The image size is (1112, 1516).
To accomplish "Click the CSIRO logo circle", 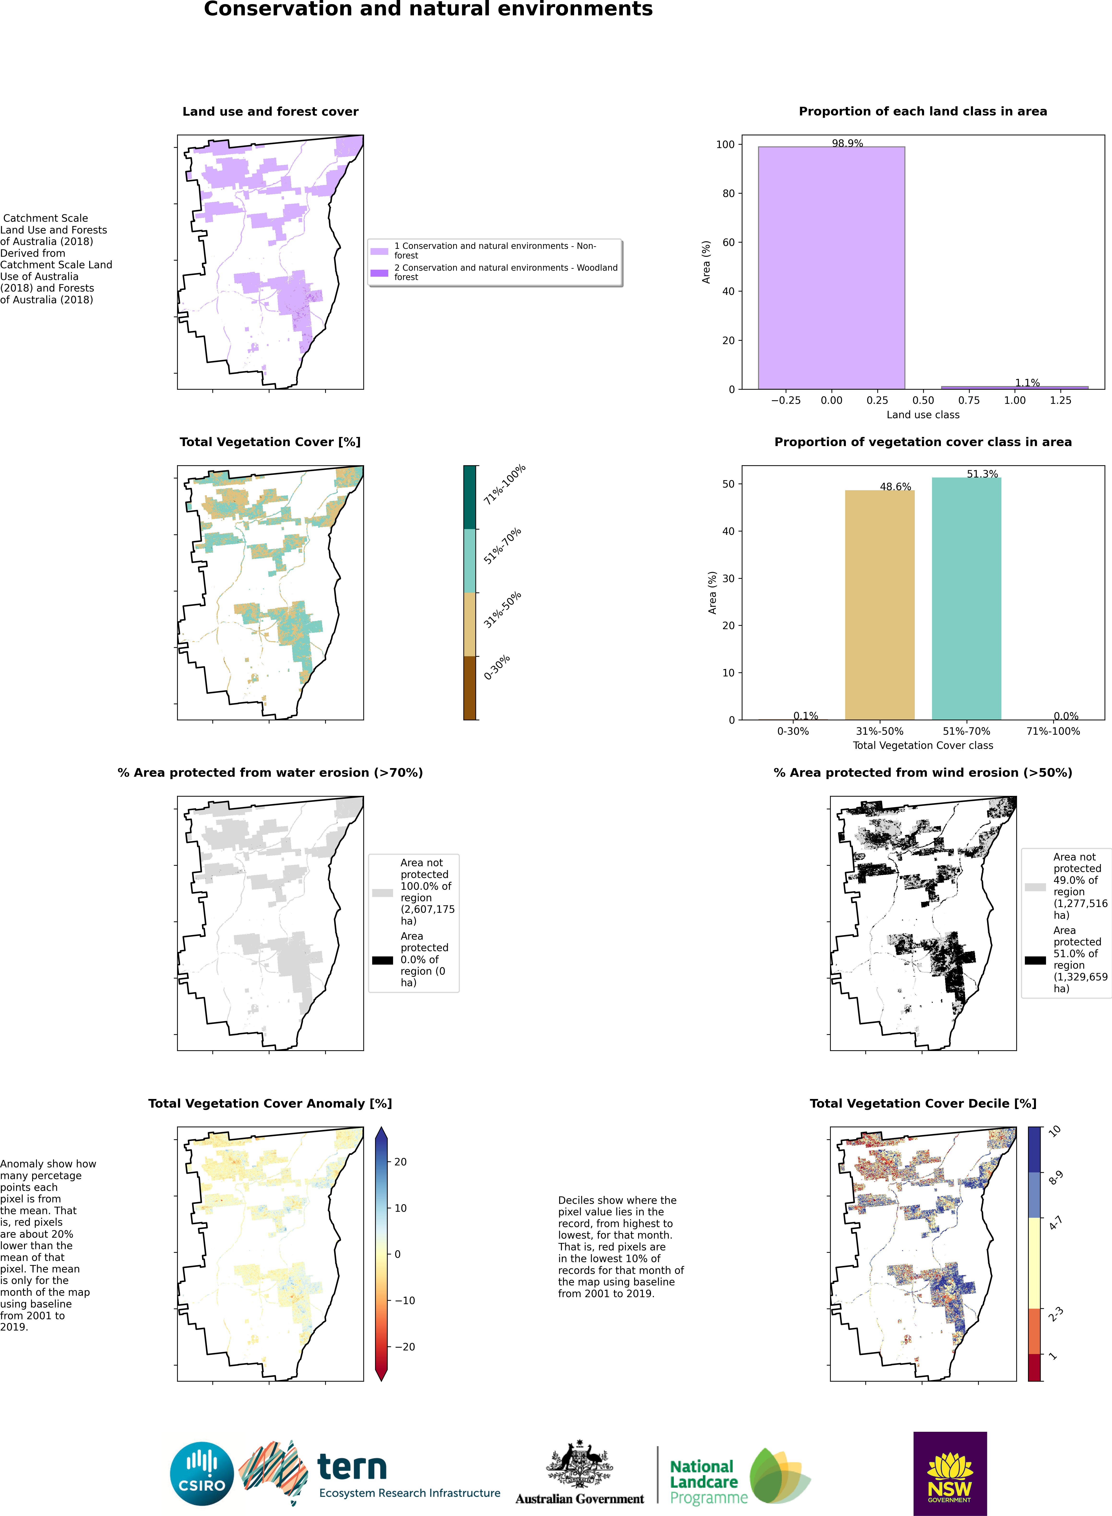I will [202, 1474].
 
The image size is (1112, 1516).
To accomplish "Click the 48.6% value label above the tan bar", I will [895, 486].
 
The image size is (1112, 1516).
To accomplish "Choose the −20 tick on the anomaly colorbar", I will [404, 1346].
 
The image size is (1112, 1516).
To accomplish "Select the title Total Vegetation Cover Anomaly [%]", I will [270, 1104].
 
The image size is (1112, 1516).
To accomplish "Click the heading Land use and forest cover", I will [270, 112].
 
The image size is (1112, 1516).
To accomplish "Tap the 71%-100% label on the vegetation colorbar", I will [504, 484].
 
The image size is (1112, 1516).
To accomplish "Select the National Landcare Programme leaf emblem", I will [779, 1476].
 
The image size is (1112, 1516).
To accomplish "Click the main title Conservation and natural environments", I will [428, 9].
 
